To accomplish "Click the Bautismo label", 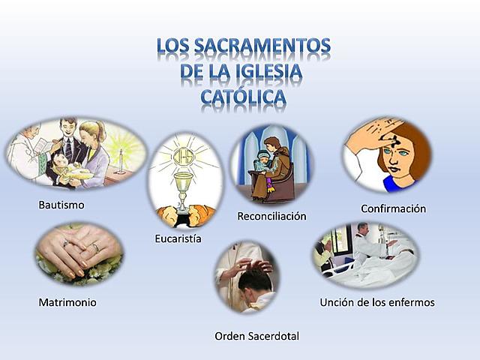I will pos(61,204).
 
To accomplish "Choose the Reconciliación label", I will pos(271,216).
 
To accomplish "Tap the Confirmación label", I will pos(393,208).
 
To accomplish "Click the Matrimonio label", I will pos(67,302).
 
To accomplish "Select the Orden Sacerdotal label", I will pos(256,336).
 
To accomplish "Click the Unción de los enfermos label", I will pos(377,302).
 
